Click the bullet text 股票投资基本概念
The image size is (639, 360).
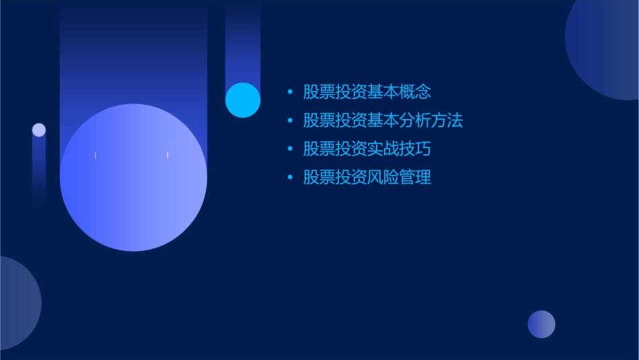click(367, 92)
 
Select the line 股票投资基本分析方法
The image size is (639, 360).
click(383, 121)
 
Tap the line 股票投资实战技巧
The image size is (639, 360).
click(367, 149)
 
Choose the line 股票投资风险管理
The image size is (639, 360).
click(367, 178)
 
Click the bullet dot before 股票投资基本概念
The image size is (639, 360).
click(290, 92)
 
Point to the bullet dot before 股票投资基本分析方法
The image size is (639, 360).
click(290, 121)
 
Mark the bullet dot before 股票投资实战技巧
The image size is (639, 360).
click(290, 149)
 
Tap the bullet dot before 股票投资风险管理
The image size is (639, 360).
click(290, 178)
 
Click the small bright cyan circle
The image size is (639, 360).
click(243, 100)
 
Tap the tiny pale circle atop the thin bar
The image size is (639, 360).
click(39, 130)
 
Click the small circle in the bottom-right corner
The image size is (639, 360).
click(541, 324)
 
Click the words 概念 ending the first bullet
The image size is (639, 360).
click(415, 92)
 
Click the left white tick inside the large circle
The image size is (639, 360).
click(96, 155)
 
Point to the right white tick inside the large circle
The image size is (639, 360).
click(167, 155)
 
